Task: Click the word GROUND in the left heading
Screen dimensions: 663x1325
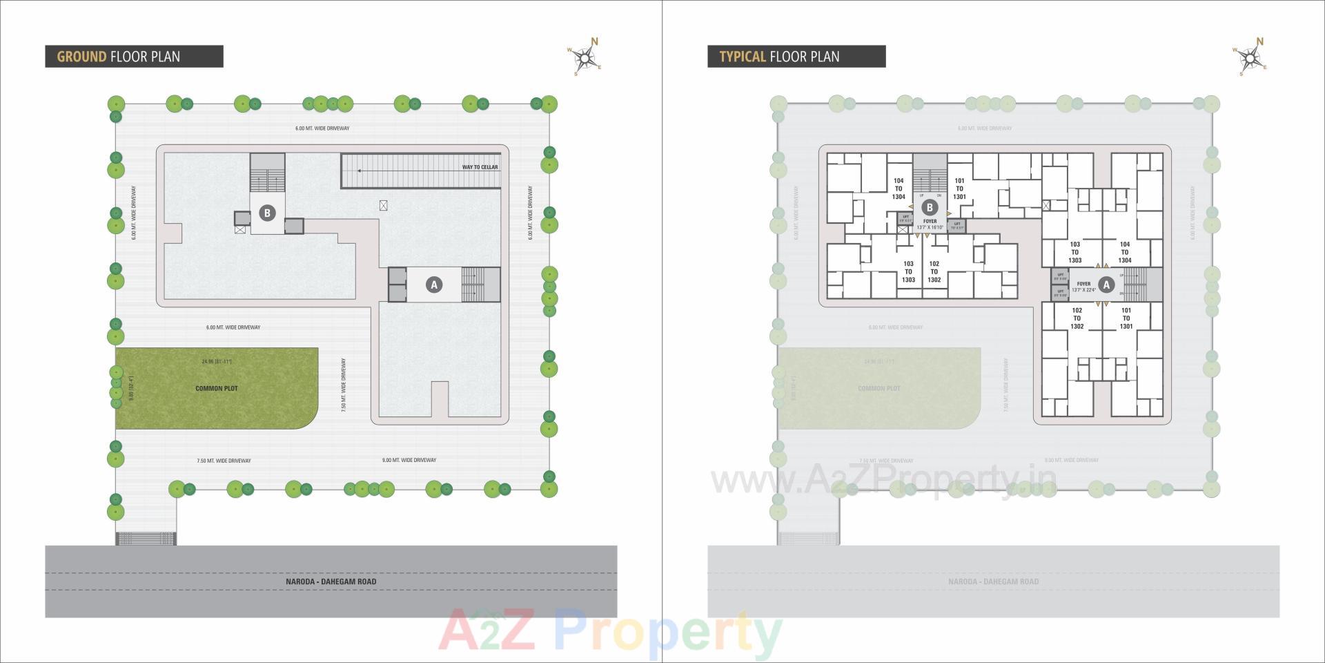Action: click(81, 57)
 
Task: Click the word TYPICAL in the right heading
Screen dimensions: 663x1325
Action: click(743, 57)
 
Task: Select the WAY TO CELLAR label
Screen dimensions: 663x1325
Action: click(480, 167)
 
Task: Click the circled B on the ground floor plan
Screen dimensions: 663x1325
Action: click(267, 213)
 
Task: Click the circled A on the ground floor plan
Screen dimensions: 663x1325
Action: click(433, 284)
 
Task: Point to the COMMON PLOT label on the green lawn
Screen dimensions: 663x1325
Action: click(216, 388)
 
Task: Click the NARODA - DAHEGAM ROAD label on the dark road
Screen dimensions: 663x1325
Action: click(331, 582)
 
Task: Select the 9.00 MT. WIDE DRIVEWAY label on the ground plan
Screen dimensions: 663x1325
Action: click(409, 460)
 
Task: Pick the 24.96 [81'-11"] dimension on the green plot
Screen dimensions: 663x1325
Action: click(216, 361)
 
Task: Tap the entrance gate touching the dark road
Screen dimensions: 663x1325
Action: click(146, 538)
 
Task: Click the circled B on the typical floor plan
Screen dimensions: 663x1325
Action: click(930, 207)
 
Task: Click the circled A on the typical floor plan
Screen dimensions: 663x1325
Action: click(1106, 284)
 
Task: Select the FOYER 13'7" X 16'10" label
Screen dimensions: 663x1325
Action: click(930, 224)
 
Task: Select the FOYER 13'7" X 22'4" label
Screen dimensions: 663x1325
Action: click(1083, 287)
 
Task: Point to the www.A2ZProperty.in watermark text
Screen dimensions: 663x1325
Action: click(883, 479)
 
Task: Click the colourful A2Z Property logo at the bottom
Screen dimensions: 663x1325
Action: click(610, 631)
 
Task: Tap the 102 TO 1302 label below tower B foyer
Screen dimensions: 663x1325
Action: click(934, 271)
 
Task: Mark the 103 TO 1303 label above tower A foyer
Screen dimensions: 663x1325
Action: click(1074, 252)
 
